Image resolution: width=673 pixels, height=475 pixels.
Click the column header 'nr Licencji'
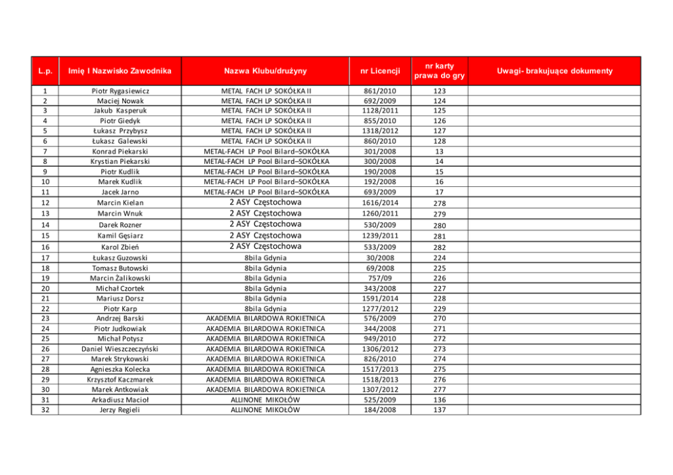(x=380, y=70)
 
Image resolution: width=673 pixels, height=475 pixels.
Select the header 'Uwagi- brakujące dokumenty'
(x=554, y=70)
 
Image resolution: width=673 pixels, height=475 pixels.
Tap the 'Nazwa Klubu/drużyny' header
(x=266, y=70)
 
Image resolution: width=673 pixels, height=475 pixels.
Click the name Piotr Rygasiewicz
(x=121, y=90)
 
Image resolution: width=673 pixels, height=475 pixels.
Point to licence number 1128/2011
(x=380, y=110)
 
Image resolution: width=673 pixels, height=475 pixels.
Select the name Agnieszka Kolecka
(x=121, y=369)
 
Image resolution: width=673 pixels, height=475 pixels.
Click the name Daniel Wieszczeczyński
(x=121, y=348)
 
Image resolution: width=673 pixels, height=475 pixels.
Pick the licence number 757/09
(x=380, y=278)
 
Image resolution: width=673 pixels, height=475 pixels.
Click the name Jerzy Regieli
(x=121, y=409)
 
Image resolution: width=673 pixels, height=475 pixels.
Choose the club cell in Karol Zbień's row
(x=266, y=246)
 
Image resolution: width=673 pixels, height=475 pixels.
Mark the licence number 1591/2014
(x=380, y=298)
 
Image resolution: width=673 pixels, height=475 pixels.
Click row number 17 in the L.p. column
(x=45, y=257)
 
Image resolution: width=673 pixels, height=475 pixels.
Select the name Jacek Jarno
(x=121, y=192)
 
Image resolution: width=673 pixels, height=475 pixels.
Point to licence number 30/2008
(x=380, y=257)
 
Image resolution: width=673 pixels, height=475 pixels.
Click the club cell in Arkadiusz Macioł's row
(x=266, y=399)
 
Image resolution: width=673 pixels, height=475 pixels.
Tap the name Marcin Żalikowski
(x=121, y=278)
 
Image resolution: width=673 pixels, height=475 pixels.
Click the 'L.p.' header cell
(x=45, y=70)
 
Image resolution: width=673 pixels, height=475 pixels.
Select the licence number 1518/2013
(x=380, y=379)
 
